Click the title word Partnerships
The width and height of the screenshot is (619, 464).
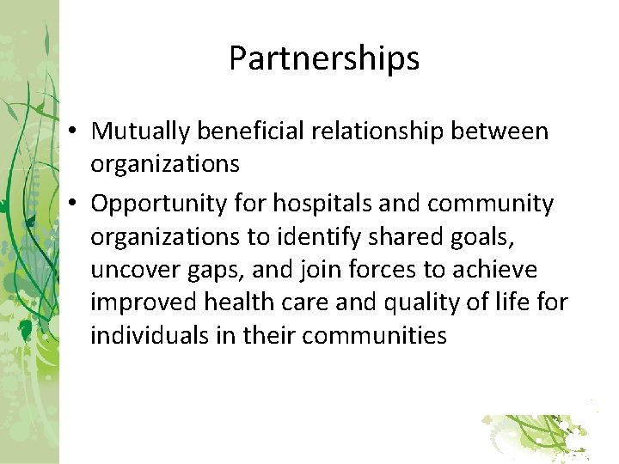324,59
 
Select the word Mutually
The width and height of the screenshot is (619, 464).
141,132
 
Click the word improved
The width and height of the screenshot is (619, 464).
144,302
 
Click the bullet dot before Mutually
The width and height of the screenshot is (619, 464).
77,132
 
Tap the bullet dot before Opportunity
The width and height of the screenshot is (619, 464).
77,205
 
